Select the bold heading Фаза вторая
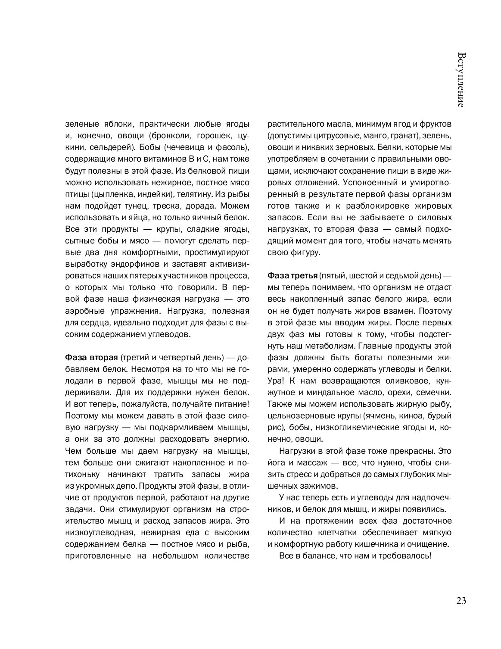coord(91,358)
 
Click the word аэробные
coord(82,311)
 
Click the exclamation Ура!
coord(276,381)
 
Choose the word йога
coord(276,463)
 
